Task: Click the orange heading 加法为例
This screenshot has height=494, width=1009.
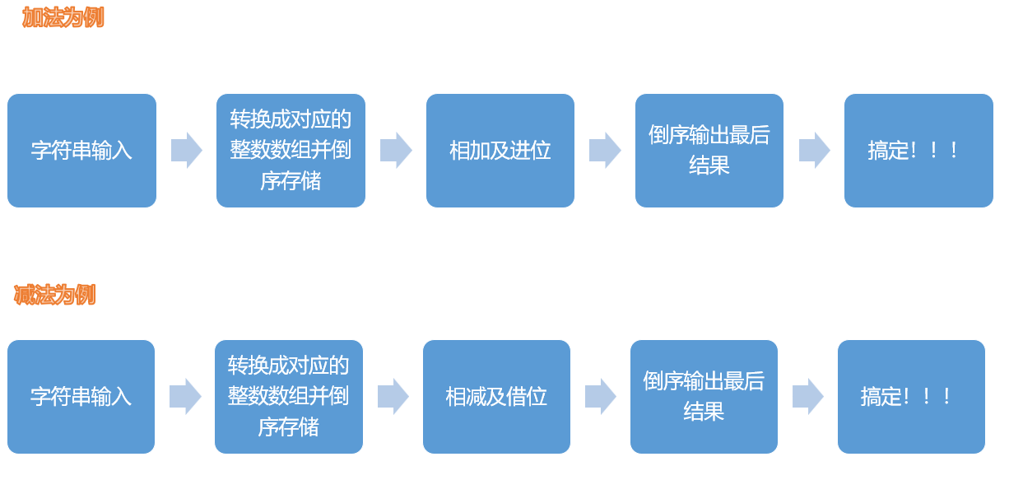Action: [x=63, y=17]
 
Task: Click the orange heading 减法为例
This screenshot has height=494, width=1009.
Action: [x=54, y=295]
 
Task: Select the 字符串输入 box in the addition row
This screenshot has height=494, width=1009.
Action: [x=81, y=151]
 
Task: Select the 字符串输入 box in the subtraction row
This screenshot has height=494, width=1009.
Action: [x=81, y=397]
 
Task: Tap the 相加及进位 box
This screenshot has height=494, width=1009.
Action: [x=500, y=151]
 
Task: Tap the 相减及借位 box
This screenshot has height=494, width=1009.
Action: [x=496, y=397]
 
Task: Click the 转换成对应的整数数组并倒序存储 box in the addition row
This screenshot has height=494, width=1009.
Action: [x=291, y=151]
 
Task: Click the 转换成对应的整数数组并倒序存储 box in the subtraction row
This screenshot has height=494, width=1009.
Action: [x=288, y=397]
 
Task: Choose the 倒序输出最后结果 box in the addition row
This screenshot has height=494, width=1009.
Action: [x=709, y=151]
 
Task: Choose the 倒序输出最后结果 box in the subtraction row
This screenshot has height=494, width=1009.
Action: [x=704, y=397]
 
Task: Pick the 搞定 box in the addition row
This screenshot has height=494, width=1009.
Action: [x=918, y=151]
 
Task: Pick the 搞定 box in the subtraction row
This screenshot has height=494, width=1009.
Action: [x=911, y=397]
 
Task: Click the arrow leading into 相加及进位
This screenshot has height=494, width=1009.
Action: [x=396, y=151]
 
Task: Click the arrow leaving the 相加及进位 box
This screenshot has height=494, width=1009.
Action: [x=605, y=151]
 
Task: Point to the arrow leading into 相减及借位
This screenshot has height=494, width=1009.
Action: [x=393, y=397]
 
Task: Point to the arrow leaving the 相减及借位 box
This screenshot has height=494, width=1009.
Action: [x=601, y=397]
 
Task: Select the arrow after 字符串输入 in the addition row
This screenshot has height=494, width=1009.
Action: [x=187, y=151]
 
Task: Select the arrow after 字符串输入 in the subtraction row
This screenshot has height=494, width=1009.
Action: [x=185, y=397]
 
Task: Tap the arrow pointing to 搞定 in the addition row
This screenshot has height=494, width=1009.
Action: [x=815, y=151]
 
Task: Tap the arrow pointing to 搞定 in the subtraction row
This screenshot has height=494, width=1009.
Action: [x=808, y=397]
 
